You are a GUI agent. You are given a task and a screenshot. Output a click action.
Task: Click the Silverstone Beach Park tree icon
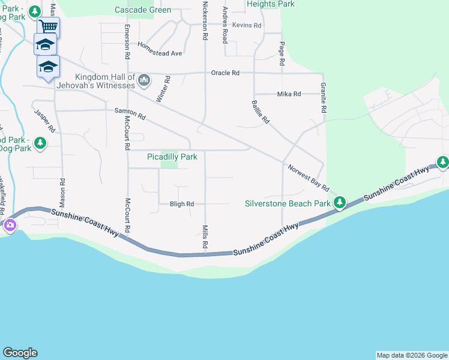pyautogui.click(x=340, y=203)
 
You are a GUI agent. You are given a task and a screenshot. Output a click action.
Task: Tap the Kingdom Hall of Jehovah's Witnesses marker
pyautogui.click(x=144, y=80)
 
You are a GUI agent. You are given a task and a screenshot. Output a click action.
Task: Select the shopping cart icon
pyautogui.click(x=48, y=26)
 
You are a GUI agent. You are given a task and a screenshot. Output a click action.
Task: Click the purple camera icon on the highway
pyautogui.click(x=10, y=226)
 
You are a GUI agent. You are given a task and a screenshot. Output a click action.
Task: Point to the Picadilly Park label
pyautogui.click(x=172, y=157)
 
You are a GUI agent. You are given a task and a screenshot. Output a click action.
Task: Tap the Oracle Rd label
pyautogui.click(x=225, y=73)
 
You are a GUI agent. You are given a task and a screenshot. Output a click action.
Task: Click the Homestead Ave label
pyautogui.click(x=160, y=49)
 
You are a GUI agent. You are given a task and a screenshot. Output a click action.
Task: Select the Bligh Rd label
pyautogui.click(x=181, y=204)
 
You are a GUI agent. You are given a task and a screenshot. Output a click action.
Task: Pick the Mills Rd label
pyautogui.click(x=205, y=238)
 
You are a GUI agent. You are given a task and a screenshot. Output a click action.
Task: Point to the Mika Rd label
pyautogui.click(x=289, y=94)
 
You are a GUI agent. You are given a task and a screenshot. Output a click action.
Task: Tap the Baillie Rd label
pyautogui.click(x=261, y=112)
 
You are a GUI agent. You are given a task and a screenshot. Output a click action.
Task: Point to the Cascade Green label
pyautogui.click(x=143, y=10)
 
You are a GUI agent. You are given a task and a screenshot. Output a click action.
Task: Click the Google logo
pyautogui.click(x=20, y=353)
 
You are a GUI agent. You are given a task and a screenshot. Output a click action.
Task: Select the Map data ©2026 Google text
pyautogui.click(x=411, y=355)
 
